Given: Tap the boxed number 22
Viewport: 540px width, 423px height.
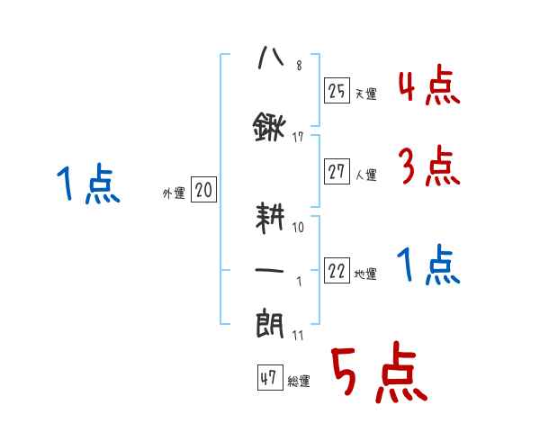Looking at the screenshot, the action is click(x=337, y=272).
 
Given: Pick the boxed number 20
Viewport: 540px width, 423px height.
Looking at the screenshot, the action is click(x=203, y=191).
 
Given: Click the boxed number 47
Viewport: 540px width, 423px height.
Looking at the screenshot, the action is click(x=268, y=379).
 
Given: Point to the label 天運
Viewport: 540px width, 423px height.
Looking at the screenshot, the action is click(x=365, y=93).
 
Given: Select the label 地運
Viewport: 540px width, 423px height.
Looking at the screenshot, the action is click(x=365, y=274).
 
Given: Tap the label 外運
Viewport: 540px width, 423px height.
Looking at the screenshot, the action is click(x=174, y=193).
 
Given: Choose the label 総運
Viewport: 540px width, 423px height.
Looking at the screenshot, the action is click(x=298, y=382).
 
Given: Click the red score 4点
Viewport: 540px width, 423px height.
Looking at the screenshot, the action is click(x=428, y=88).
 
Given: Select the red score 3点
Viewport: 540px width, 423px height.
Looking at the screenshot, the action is click(x=428, y=166).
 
